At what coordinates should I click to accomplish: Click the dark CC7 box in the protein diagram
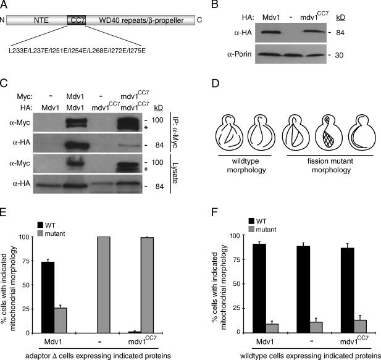tap(77, 22)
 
